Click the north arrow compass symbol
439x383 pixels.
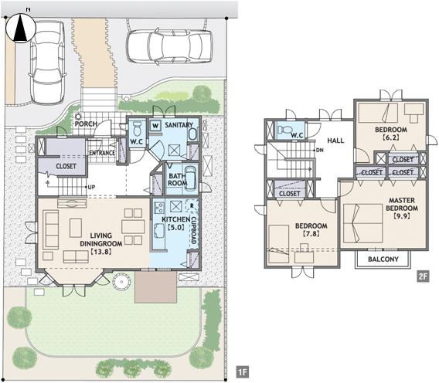click(21, 29)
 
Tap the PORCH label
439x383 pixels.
click(86, 124)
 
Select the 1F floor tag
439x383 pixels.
click(242, 372)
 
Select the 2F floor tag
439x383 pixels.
click(423, 276)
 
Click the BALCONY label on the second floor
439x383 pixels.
click(383, 259)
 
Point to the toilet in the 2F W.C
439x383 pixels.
click(284, 130)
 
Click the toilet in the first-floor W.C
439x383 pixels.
click(138, 129)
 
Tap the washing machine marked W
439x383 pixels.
click(155, 126)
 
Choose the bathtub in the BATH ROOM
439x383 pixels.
click(190, 178)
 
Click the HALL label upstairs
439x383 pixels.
click(335, 141)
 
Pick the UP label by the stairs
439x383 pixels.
click(91, 187)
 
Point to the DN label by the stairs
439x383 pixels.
click(320, 151)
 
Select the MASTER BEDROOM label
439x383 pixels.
click(402, 204)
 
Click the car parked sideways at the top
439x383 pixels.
click(169, 46)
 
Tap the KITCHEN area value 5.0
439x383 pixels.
click(175, 227)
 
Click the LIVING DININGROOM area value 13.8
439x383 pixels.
click(101, 252)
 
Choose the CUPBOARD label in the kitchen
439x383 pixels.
click(193, 230)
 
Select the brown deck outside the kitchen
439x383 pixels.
click(155, 287)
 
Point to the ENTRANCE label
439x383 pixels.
click(102, 153)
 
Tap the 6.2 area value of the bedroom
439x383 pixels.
click(391, 137)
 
